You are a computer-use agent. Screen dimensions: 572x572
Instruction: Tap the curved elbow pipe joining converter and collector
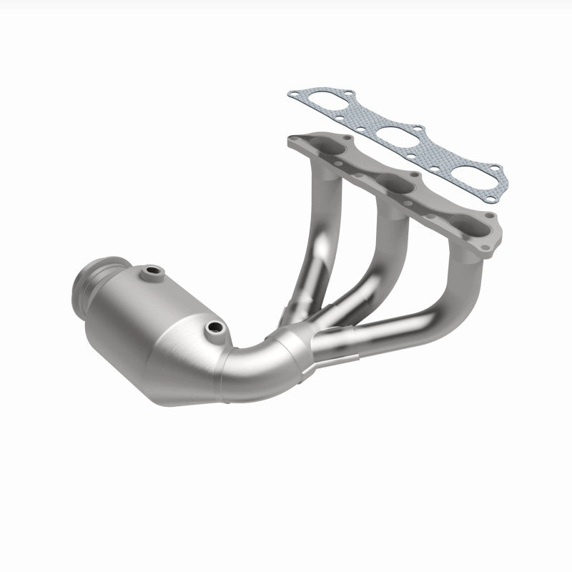pos(247,365)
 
